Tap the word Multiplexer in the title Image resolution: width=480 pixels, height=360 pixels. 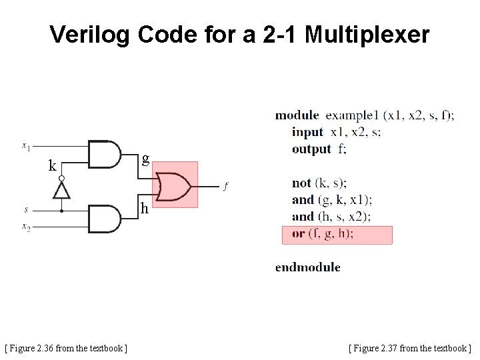pos(367,35)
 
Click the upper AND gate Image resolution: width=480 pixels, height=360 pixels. pos(104,155)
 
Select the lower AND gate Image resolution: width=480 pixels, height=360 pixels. pos(104,219)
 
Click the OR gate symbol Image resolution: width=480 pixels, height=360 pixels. pos(175,187)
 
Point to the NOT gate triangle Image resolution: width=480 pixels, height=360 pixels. pos(61,190)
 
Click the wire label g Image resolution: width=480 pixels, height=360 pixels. pos(145,158)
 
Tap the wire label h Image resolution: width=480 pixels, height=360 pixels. pos(144,209)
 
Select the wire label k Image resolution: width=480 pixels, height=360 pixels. pos(52,166)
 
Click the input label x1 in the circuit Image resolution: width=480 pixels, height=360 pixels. pos(25,144)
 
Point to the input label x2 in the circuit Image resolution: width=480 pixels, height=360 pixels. pos(25,227)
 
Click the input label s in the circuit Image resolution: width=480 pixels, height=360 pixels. pos(26,209)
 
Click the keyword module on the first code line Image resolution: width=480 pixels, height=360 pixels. pos(297,115)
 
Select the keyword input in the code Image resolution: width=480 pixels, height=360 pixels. pos(307,132)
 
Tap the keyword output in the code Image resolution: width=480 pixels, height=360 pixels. pos(311,149)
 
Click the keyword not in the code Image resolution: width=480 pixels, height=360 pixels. pos(301,183)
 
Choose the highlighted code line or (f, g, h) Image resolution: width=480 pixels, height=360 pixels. pos(337,234)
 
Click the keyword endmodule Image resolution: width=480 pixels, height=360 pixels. pos(308,267)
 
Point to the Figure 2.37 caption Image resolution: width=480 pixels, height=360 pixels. pos(409,347)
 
